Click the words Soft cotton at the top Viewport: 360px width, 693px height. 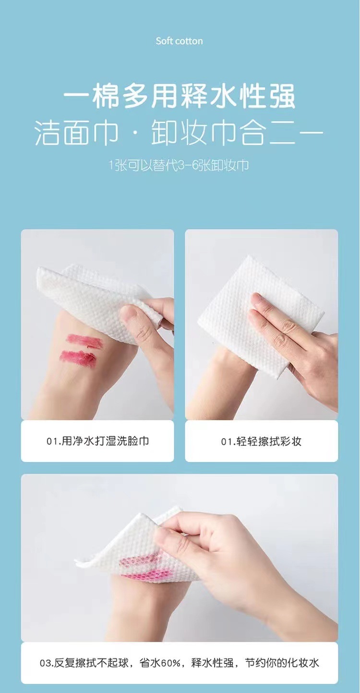179,41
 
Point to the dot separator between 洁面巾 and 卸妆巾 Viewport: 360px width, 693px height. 135,133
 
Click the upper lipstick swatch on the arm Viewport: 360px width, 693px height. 84,340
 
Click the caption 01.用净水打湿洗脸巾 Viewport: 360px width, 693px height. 97,441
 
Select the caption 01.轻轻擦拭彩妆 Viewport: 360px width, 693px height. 261,441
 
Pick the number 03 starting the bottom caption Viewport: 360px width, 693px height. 46,663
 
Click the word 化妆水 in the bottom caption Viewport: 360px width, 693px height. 303,663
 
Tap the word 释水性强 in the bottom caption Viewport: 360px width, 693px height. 212,663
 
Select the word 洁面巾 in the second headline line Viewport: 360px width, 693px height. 76,133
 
